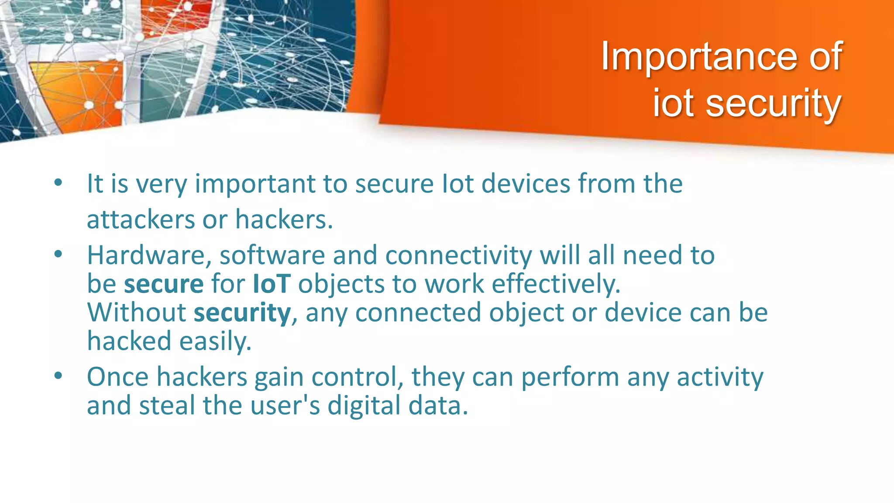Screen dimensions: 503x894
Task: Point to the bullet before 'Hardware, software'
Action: pos(58,255)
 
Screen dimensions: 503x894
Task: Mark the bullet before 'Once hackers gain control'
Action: pos(58,376)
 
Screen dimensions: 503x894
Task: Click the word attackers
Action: pos(141,219)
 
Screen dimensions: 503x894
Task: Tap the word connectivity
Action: pos(458,255)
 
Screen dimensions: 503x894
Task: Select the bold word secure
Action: pos(164,284)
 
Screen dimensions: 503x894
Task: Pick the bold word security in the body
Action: pos(242,314)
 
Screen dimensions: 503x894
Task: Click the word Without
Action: pos(137,313)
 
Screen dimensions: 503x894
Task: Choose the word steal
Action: pos(167,405)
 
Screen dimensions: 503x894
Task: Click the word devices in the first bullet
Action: pos(526,183)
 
